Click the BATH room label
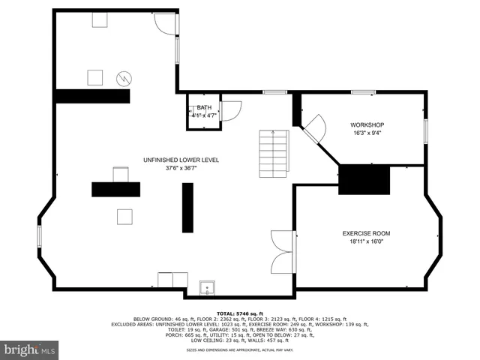(x=204, y=108)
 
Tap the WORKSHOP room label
(x=367, y=124)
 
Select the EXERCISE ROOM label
(x=366, y=233)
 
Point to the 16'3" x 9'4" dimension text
(x=367, y=133)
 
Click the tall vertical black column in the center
(x=187, y=208)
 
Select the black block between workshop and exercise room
(x=365, y=181)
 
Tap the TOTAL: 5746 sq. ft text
(x=240, y=313)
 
